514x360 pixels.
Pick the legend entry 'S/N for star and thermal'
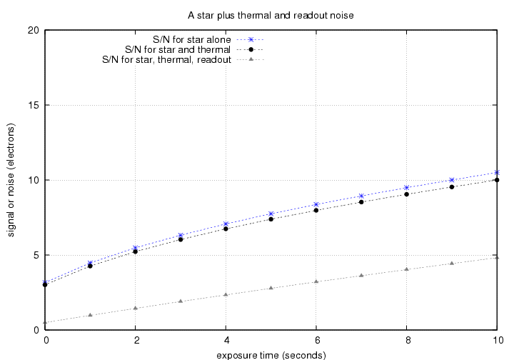[177, 49]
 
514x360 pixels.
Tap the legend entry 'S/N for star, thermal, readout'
[166, 60]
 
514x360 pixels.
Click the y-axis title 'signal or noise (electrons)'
[11, 180]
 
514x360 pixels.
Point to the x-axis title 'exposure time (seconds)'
[271, 354]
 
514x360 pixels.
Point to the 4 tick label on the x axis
[226, 340]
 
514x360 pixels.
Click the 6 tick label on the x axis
[316, 340]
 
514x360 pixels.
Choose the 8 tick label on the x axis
[406, 340]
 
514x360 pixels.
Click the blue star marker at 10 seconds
[497, 172]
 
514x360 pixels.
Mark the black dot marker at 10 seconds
[497, 180]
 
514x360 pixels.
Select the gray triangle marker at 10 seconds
[497, 257]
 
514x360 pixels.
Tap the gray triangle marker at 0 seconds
[45, 322]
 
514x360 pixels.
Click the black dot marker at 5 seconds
[271, 219]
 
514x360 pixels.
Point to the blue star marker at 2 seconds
[136, 248]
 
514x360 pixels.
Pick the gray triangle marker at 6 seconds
[316, 281]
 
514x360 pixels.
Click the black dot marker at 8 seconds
[406, 194]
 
